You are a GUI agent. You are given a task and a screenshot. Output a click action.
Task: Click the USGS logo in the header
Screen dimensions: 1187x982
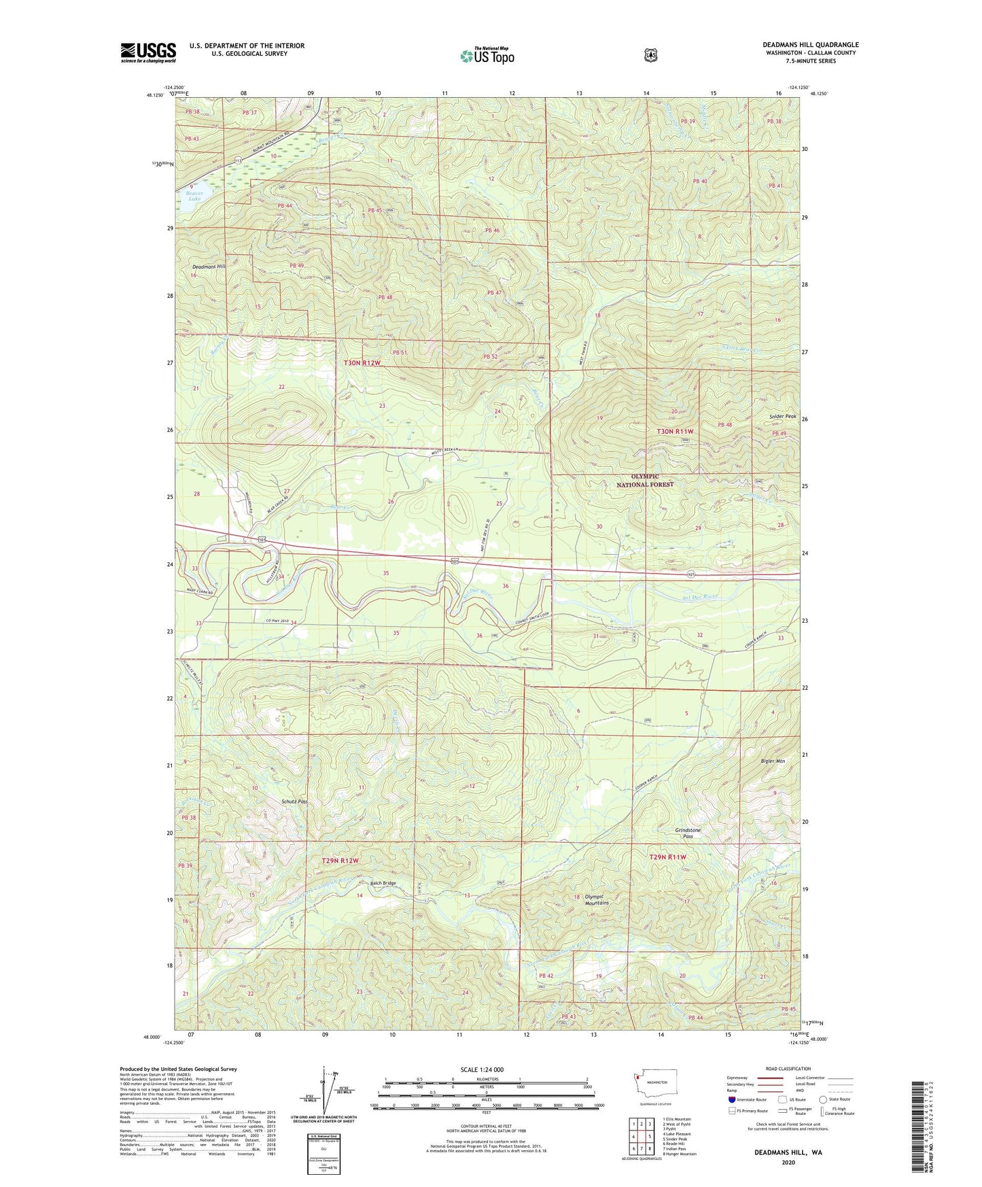(148, 52)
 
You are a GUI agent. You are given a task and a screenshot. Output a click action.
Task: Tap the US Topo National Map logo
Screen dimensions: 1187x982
(487, 55)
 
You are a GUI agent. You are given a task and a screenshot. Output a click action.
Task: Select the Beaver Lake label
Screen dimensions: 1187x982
(195, 196)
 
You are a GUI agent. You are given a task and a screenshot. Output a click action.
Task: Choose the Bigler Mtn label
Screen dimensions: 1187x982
(773, 761)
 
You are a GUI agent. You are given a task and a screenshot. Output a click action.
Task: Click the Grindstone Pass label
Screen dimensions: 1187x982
(688, 833)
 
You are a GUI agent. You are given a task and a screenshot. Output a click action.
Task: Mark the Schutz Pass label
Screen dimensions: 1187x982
(294, 802)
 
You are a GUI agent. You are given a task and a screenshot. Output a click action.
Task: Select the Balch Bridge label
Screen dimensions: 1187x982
(383, 883)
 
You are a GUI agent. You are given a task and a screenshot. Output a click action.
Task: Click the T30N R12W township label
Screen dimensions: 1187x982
(362, 363)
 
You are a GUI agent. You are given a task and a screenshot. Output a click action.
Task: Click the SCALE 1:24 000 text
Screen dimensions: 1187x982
(482, 1069)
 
